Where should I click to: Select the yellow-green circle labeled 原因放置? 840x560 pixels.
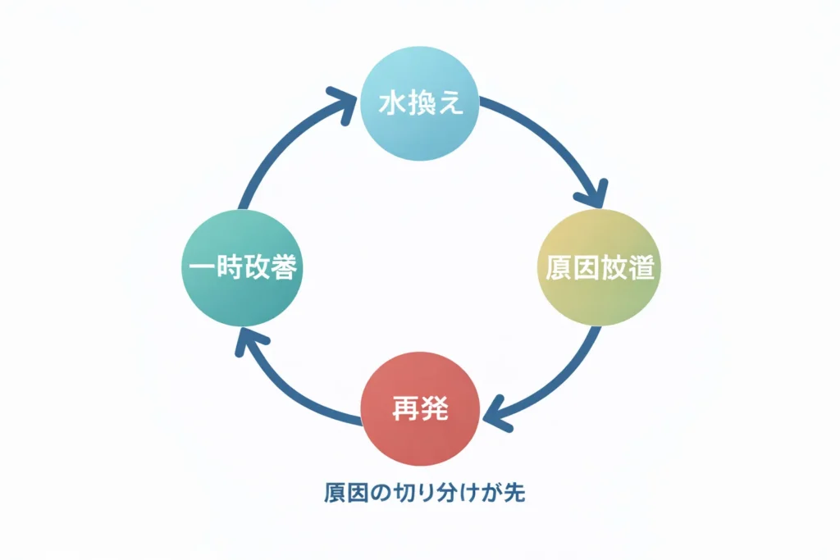point(600,268)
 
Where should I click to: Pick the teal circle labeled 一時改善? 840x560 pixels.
point(240,267)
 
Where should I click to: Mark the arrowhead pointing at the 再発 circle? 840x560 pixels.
point(497,415)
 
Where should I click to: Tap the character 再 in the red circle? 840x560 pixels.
point(405,409)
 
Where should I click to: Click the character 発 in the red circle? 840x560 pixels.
point(436,409)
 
